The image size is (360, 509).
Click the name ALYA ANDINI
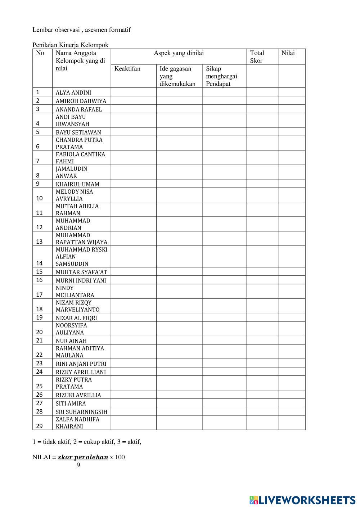pyautogui.click(x=73, y=93)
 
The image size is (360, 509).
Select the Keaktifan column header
pyautogui.click(x=127, y=69)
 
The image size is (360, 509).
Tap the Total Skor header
pyautogui.click(x=257, y=57)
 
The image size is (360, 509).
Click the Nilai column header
pyautogui.click(x=288, y=53)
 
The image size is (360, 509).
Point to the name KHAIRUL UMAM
pyautogui.click(x=77, y=184)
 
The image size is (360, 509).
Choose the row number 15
pyautogui.click(x=39, y=272)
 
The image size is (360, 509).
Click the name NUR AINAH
pyautogui.click(x=71, y=341)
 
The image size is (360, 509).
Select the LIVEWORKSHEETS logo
pyautogui.click(x=302, y=500)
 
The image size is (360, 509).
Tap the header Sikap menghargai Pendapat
pyautogui.click(x=221, y=76)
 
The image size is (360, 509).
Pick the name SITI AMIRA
pyautogui.click(x=71, y=404)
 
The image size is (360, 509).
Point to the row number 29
pyautogui.click(x=39, y=426)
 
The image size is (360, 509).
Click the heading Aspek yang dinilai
pyautogui.click(x=179, y=53)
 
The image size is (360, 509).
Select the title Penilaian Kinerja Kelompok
pyautogui.click(x=70, y=45)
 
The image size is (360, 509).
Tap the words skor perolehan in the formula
pyautogui.click(x=83, y=458)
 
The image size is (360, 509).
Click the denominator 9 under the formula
pyautogui.click(x=78, y=465)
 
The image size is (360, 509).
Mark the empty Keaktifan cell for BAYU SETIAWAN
pyautogui.click(x=133, y=132)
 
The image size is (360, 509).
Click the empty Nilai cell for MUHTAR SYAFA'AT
pyautogui.click(x=291, y=272)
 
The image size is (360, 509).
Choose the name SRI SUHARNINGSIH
pyautogui.click(x=81, y=412)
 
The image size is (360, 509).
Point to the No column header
pyautogui.click(x=40, y=53)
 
